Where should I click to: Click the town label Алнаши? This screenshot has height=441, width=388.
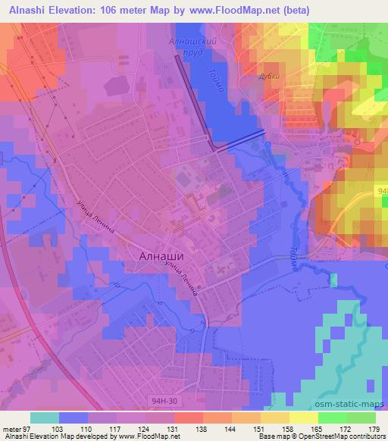161,256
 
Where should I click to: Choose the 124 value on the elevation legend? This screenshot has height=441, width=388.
144,428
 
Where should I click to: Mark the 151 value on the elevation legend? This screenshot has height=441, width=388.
258,428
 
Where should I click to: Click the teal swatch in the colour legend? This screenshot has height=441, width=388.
44,418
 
